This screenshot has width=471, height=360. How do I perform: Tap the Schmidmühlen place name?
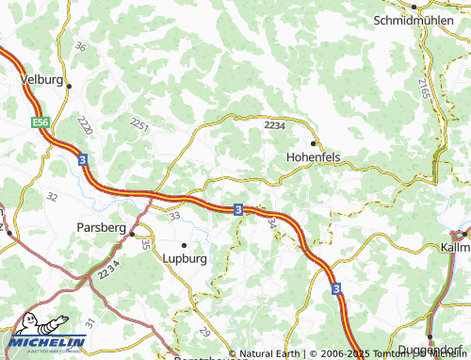(420, 20)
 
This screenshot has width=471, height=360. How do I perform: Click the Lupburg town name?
(185, 257)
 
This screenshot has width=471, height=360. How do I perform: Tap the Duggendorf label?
(428, 351)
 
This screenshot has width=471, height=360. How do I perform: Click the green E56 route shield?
(41, 123)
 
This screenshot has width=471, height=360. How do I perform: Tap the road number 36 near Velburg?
(80, 47)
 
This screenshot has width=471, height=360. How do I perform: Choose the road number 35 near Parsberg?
(146, 243)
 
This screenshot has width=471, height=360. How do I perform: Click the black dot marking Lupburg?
(185, 244)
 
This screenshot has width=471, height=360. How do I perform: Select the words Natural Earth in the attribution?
(268, 354)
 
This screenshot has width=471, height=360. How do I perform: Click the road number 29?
(204, 332)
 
